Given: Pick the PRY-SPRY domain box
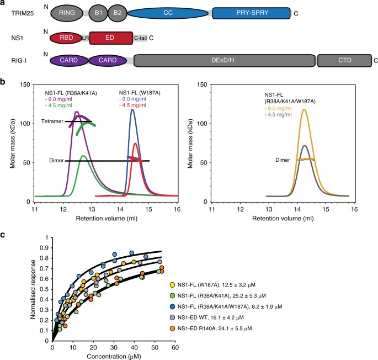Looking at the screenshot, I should coord(252,13).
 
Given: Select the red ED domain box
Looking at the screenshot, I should coord(110,38).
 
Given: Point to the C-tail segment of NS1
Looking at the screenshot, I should coord(140,38).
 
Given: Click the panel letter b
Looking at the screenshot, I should coord(4,82).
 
